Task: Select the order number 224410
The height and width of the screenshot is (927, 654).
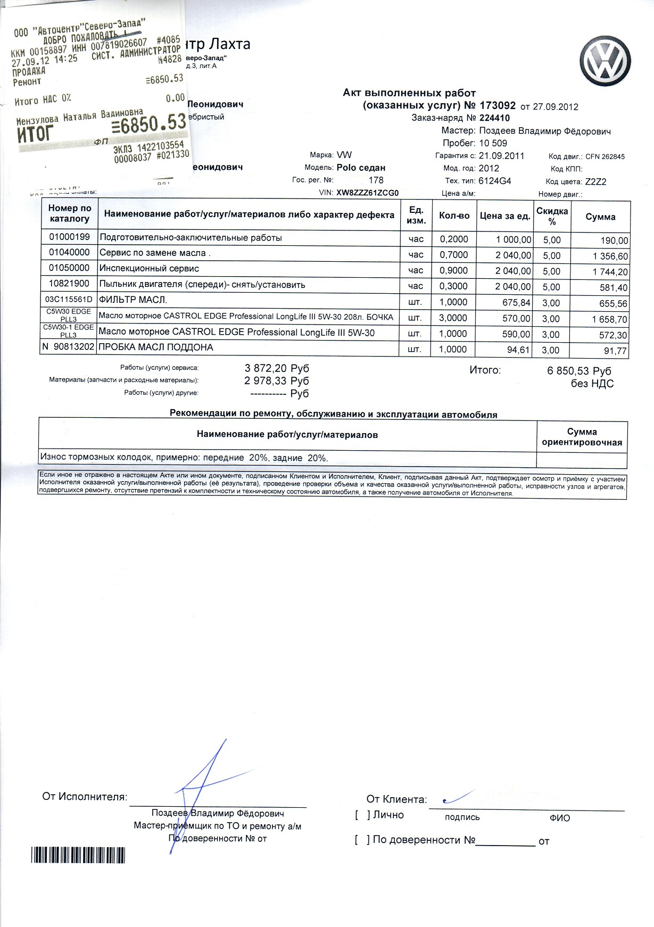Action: point(494,118)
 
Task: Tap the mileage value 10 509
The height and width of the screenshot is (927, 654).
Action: point(493,143)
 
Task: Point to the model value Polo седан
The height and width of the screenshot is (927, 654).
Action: point(361,168)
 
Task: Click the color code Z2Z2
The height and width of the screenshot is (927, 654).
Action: point(595,181)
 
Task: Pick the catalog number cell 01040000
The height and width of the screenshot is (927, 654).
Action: point(69,253)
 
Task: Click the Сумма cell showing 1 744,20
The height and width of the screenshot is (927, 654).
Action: point(607,271)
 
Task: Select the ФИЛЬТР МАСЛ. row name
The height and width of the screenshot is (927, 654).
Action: point(133,300)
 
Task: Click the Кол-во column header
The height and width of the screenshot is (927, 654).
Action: point(454,216)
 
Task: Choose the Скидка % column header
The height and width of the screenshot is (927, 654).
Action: point(551,216)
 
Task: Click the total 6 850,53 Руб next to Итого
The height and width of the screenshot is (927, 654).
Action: point(579,371)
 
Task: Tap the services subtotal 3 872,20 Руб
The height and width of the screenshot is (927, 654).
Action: point(276,368)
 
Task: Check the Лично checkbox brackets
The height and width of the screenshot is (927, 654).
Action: point(362,815)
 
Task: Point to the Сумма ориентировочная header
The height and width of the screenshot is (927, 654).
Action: point(581,437)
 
